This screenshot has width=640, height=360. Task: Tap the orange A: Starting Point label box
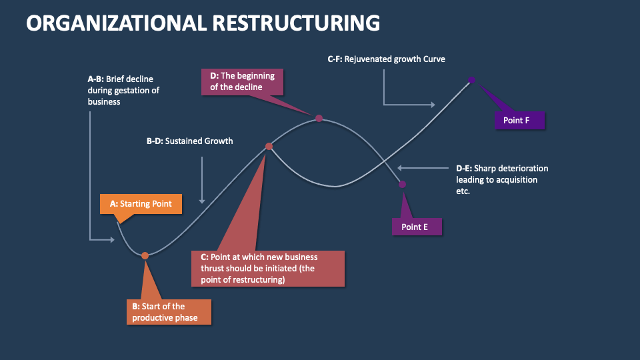click(x=141, y=204)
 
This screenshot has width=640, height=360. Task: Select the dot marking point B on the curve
click(x=145, y=254)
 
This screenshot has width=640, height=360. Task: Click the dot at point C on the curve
click(x=269, y=146)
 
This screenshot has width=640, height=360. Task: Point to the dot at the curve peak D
click(x=319, y=118)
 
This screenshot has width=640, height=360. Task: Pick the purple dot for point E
click(x=402, y=184)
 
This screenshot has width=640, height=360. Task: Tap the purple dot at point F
click(x=471, y=80)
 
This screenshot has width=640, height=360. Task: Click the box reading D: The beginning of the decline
click(x=238, y=81)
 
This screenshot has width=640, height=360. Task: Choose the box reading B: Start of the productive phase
click(x=170, y=312)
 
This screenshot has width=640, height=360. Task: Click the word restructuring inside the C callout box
click(x=259, y=280)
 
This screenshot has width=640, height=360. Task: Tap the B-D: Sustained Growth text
click(x=190, y=141)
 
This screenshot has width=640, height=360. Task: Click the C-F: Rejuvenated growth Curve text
click(x=386, y=59)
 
